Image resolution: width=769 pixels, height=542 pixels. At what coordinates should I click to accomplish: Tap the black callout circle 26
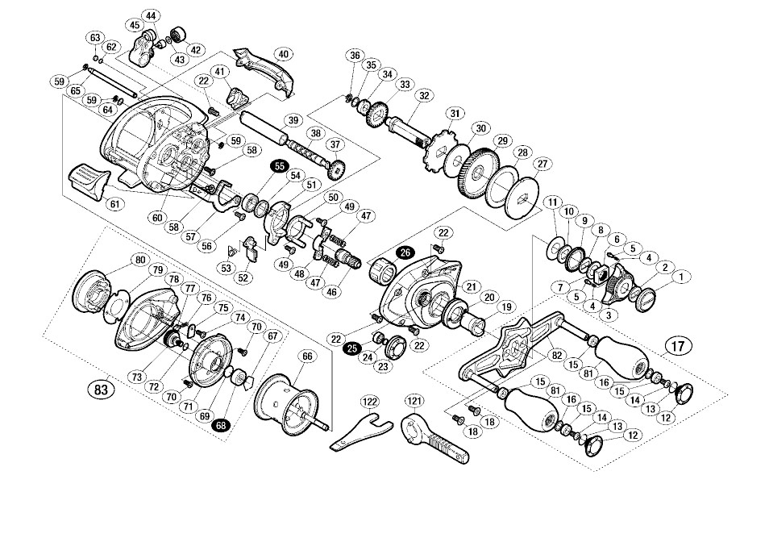tap(405, 252)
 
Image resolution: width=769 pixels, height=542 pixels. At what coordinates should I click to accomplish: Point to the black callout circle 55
tap(280, 165)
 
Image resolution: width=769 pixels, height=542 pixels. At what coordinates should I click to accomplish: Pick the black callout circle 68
tap(219, 425)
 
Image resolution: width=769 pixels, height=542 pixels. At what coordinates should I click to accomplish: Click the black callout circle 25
tap(352, 348)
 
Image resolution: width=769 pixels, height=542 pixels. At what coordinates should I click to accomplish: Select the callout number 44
tap(152, 16)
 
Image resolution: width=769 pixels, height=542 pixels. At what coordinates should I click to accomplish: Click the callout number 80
tap(140, 260)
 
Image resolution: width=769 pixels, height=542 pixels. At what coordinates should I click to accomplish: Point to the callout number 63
tap(95, 38)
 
